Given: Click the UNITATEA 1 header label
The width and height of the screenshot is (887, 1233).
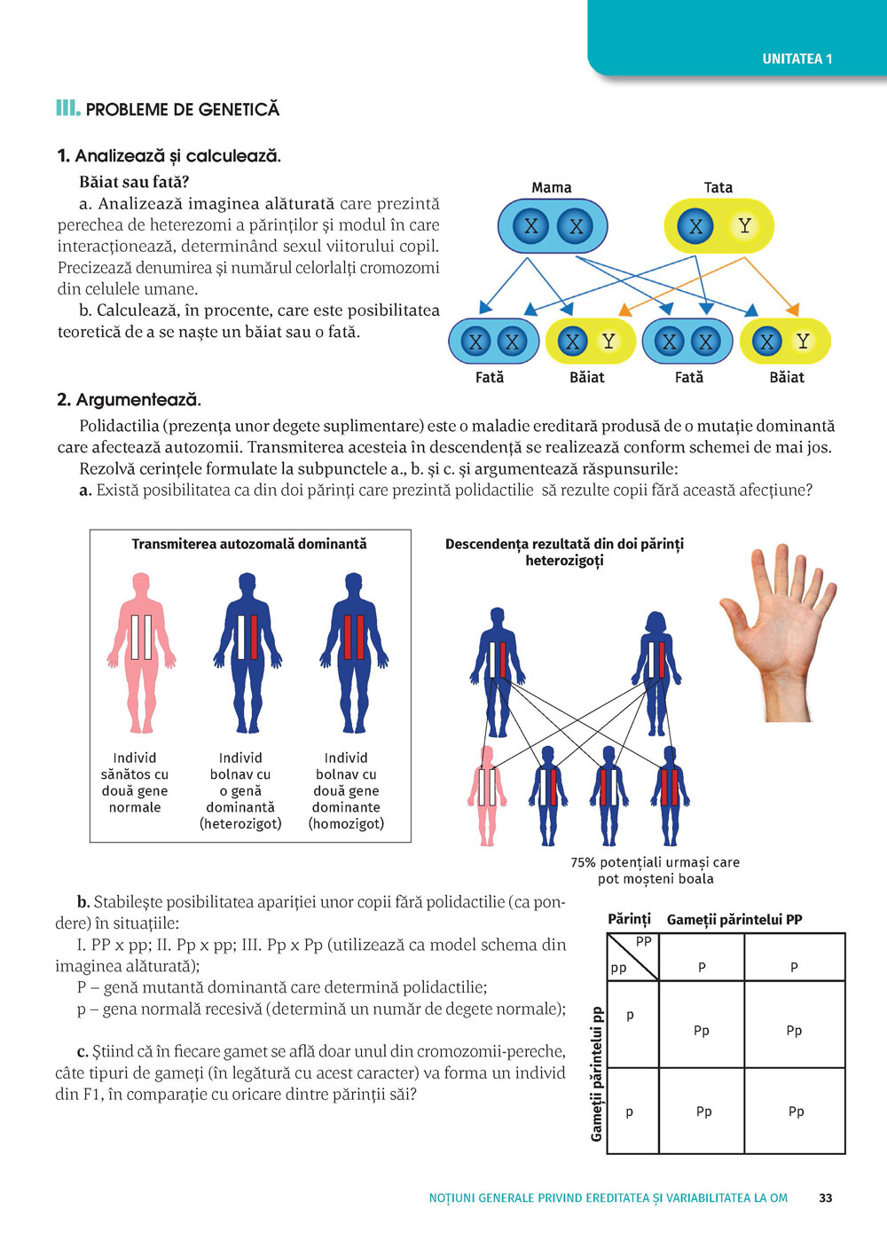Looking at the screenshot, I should coord(797,59).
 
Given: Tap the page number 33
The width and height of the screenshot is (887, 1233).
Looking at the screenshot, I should coord(826,1198).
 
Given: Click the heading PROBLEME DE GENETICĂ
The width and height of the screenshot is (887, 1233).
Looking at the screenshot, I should coord(182,109).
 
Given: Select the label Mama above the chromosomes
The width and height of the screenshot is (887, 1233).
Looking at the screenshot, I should coord(551,187).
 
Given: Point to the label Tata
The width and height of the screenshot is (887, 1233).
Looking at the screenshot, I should coord(718,187).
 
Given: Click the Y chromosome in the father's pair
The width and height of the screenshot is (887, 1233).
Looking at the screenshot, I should coord(744,226).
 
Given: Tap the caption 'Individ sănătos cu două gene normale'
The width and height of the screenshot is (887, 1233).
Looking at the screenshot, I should coord(135,782).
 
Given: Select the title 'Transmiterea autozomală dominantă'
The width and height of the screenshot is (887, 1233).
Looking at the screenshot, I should coord(249,544).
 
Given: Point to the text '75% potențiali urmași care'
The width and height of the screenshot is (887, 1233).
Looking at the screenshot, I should coord(655,861).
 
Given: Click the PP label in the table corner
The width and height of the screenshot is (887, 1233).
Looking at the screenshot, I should coord(644,941).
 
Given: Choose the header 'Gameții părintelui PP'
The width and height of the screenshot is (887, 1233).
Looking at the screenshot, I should coord(734,919).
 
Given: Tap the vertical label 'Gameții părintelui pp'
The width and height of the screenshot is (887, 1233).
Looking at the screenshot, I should coord(597,1074).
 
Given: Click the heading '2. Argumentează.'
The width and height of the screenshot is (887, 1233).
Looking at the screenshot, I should coord(129,399).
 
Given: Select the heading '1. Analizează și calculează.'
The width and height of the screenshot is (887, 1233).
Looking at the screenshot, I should coord(169,156).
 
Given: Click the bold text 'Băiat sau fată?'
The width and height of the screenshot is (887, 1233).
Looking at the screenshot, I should coord(134,182).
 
